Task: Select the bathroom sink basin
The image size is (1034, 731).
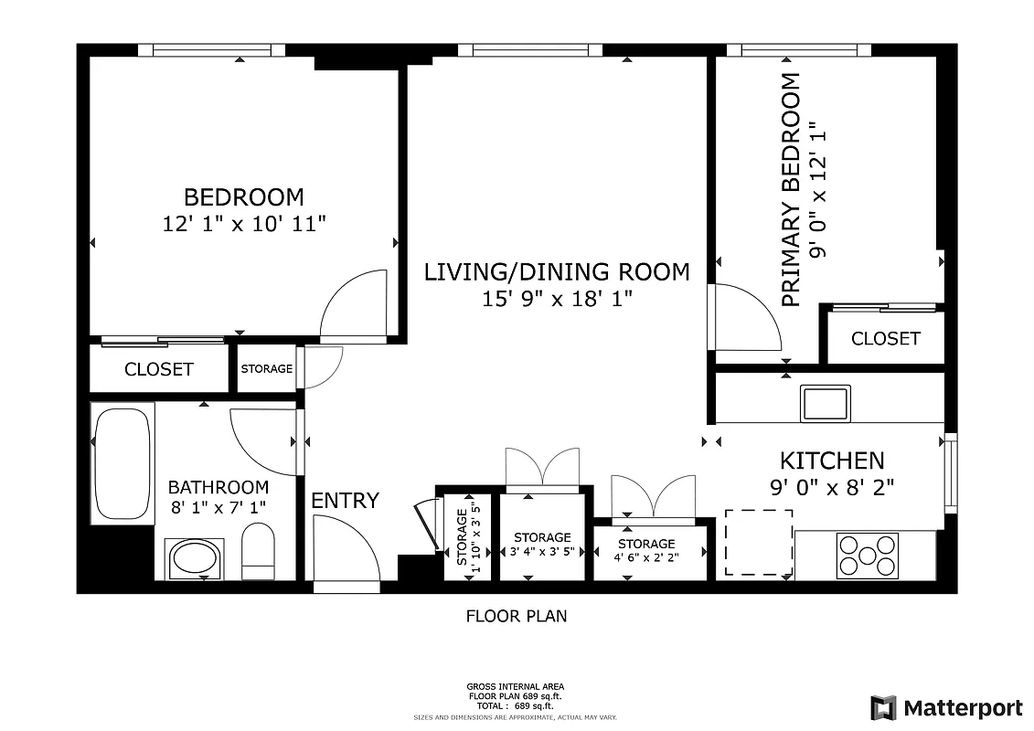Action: coord(194,557)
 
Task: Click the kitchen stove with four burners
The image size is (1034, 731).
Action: coord(867,554)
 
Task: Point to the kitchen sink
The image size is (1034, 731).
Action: coord(825,402)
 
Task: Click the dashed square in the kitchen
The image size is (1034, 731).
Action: coord(758,542)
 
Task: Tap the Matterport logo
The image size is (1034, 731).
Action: coord(946,707)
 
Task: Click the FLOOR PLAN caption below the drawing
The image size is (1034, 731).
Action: coord(517,616)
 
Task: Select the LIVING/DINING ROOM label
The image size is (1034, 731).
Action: coord(557,271)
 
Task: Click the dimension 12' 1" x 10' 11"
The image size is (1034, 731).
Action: coord(244,223)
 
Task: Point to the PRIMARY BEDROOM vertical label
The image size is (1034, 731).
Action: coord(791,190)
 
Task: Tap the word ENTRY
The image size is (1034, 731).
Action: coord(345,501)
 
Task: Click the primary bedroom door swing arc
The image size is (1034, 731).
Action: coord(748,316)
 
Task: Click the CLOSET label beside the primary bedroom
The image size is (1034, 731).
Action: coord(885,338)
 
